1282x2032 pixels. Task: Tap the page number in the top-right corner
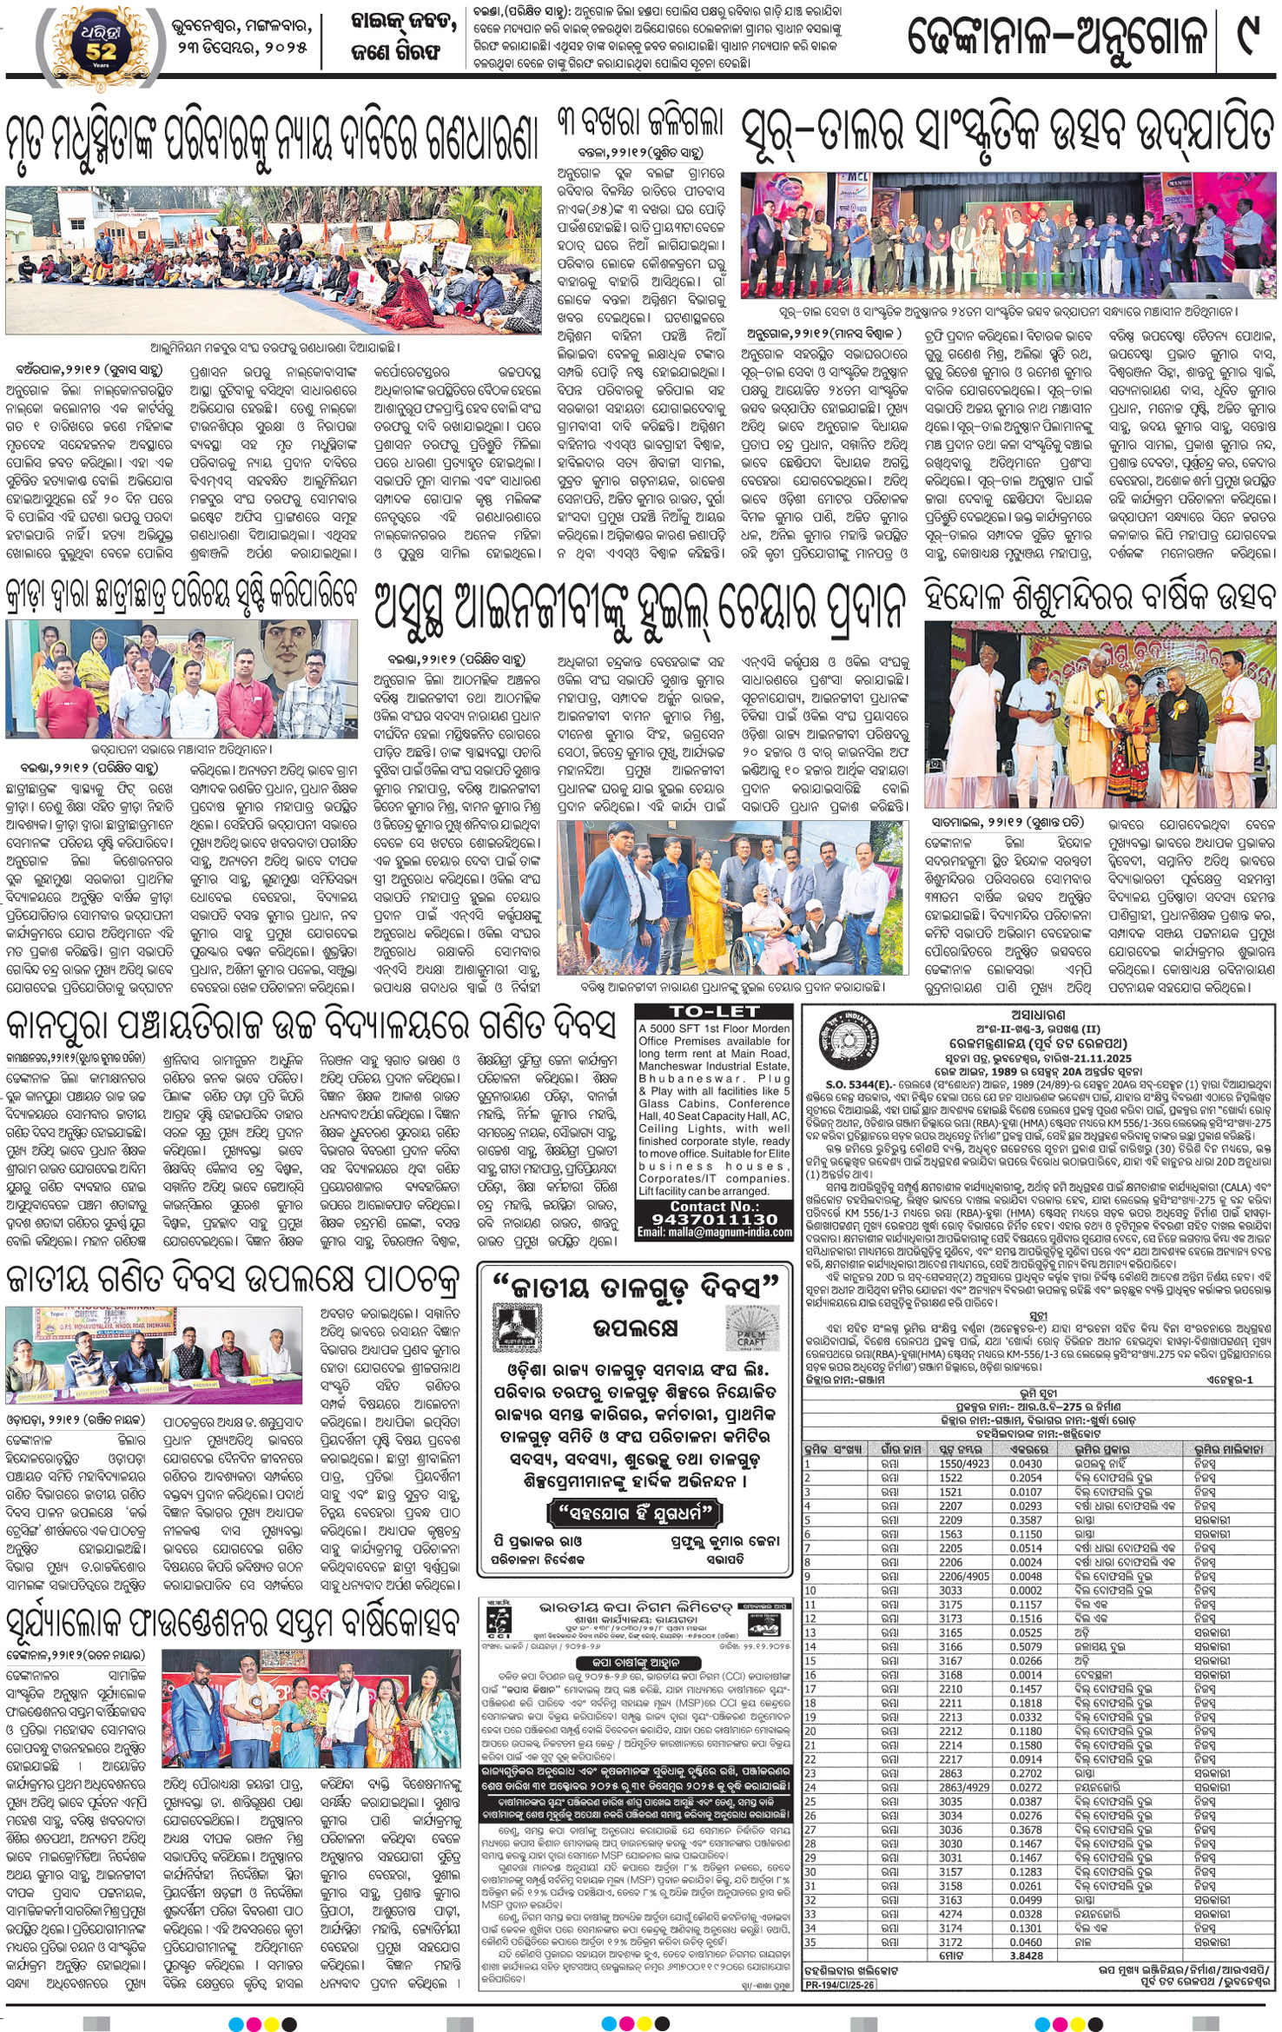point(1248,39)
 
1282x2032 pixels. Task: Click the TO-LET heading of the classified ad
point(714,1011)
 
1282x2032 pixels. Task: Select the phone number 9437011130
point(714,1220)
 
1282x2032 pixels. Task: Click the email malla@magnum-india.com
point(714,1233)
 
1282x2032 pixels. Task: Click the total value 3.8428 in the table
point(1026,1956)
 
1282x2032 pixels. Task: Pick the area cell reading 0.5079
point(1026,1646)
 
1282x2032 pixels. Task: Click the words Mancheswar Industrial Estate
point(714,1066)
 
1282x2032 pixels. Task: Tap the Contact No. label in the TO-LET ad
point(714,1207)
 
